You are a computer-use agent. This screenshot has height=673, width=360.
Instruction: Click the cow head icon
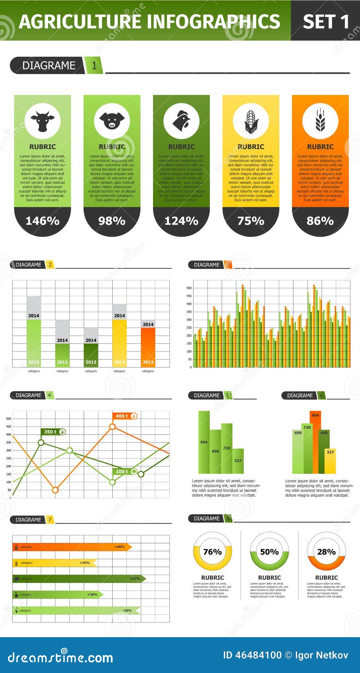[x=43, y=121]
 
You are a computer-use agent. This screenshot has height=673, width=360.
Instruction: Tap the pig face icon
[x=112, y=121]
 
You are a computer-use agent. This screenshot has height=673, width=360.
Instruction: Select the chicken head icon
[x=181, y=121]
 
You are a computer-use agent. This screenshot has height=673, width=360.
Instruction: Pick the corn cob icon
[x=251, y=121]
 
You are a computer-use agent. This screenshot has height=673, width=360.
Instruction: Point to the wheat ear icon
[x=320, y=121]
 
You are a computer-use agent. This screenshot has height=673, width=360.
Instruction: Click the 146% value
[x=43, y=221]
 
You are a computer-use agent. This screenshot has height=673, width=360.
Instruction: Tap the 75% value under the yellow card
[x=251, y=221]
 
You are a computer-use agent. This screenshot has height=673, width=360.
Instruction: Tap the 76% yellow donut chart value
[x=212, y=552]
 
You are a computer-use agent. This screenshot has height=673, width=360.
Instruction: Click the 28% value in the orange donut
[x=326, y=552]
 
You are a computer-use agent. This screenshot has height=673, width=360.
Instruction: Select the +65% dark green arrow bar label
[x=135, y=579]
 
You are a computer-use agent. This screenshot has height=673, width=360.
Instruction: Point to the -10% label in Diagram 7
[x=127, y=610]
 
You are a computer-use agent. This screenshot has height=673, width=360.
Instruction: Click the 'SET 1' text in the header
[x=325, y=22]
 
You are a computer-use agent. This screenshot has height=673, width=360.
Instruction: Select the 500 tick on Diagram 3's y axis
[x=189, y=288]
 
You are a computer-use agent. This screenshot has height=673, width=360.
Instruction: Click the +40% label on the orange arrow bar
[x=119, y=547]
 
